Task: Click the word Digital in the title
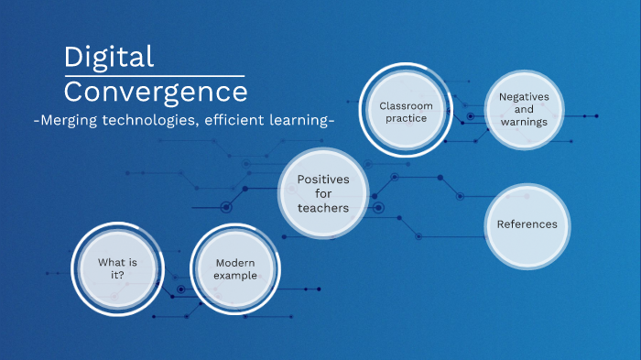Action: (109, 58)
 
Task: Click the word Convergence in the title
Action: (156, 92)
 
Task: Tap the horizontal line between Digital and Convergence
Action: (154, 75)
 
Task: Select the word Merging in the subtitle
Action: (70, 121)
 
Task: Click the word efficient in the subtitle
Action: (238, 121)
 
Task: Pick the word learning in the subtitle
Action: (299, 121)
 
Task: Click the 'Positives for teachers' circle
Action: (323, 193)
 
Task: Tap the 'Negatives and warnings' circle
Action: (523, 110)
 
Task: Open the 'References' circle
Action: (527, 224)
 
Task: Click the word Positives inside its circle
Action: (323, 179)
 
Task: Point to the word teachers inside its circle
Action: (323, 208)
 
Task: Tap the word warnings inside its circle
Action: (523, 122)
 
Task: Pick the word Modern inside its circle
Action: (235, 263)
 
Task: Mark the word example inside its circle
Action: (235, 276)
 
